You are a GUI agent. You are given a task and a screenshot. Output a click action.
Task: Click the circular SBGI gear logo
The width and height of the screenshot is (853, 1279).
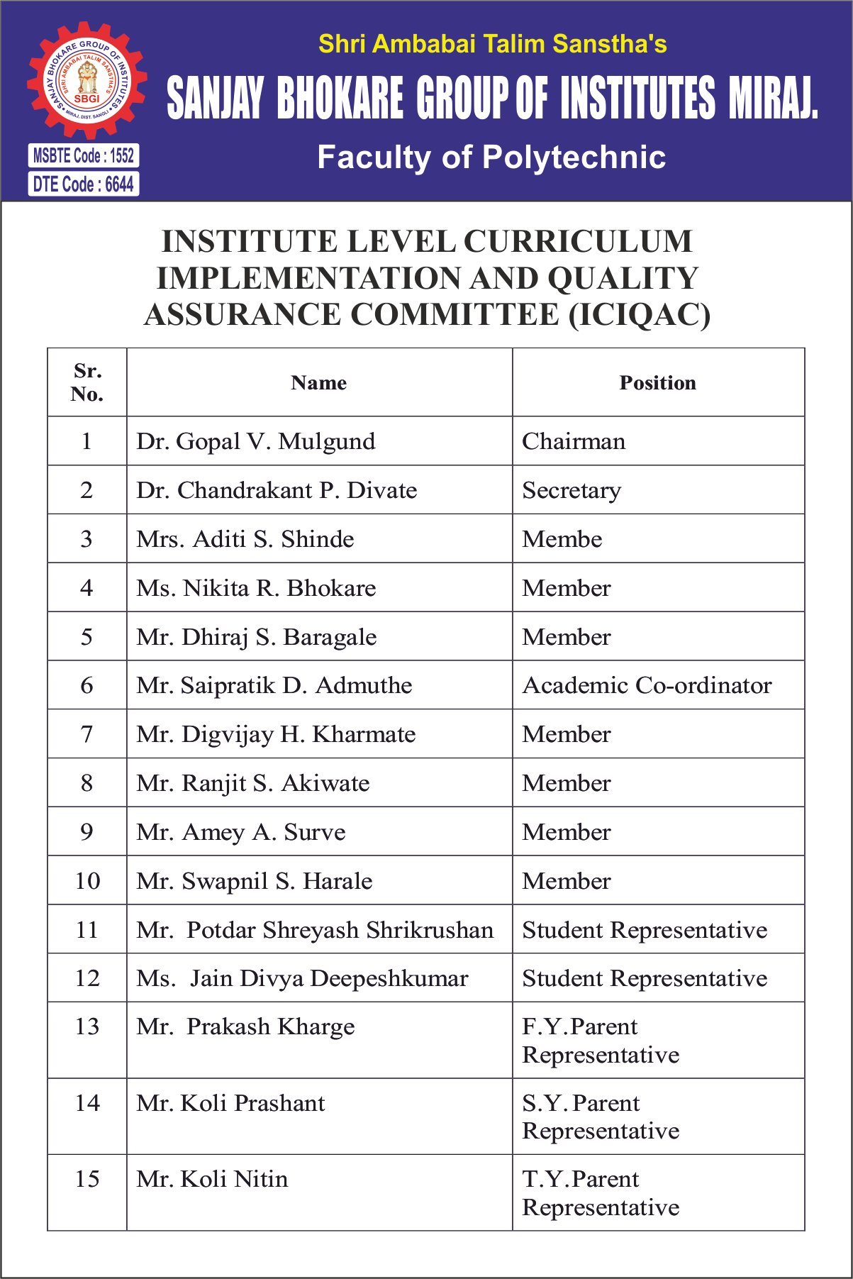87,79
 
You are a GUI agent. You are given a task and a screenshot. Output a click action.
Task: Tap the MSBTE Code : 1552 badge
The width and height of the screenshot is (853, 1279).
84,155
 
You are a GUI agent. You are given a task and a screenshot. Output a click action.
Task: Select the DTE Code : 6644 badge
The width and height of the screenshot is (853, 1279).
84,184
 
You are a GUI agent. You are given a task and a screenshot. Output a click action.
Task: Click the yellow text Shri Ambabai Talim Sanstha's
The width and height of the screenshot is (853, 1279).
492,44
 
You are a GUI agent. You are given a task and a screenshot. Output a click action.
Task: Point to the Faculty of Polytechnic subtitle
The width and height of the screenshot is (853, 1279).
491,157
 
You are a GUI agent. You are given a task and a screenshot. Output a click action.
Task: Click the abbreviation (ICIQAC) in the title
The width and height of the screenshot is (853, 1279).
639,315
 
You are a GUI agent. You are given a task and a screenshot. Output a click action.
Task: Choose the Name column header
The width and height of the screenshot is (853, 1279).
319,383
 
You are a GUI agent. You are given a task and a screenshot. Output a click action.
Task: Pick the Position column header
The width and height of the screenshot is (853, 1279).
657,383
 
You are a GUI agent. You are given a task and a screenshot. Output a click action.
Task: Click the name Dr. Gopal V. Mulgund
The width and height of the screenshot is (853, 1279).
256,441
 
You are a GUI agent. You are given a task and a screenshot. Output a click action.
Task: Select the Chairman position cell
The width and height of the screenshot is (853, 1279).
574,441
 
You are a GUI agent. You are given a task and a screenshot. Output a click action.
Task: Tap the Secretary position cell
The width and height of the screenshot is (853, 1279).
572,490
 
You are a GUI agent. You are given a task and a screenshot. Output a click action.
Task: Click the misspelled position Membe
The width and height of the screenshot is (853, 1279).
562,539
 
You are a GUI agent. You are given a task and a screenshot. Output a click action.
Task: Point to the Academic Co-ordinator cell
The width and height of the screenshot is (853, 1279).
647,685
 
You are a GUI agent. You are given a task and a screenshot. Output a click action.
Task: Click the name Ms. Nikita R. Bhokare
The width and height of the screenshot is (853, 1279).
256,588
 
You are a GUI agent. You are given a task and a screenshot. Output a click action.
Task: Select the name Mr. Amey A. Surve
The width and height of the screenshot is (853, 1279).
241,832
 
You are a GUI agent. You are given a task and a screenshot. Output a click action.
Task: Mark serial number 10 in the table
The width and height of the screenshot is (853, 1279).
87,881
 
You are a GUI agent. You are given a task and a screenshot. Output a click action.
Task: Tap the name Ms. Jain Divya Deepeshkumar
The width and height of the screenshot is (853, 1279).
302,978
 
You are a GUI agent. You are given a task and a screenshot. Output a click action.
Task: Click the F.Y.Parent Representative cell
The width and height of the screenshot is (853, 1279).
601,1041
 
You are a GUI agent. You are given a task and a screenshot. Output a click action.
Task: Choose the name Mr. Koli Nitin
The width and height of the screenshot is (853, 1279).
212,1179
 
